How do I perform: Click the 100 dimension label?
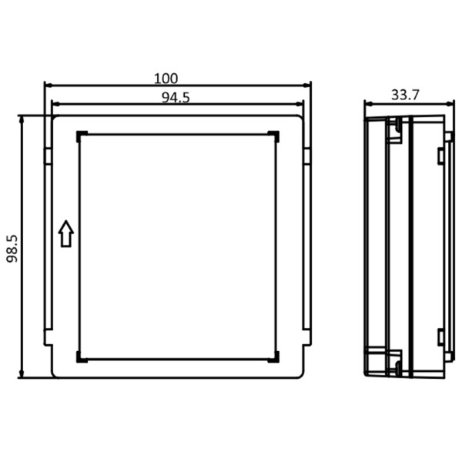[x=166, y=78]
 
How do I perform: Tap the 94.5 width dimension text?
[x=176, y=96]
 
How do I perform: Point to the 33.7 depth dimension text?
[x=405, y=95]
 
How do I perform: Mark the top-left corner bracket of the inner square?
[x=80, y=136]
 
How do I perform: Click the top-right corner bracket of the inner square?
[x=275, y=136]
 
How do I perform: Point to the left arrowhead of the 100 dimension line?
[x=47, y=85]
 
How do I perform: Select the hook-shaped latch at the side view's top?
[x=396, y=130]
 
